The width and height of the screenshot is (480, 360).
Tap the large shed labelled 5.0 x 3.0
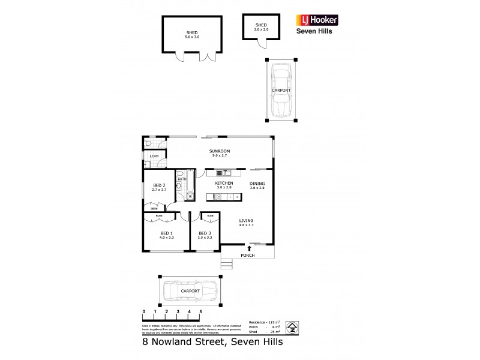(191, 35)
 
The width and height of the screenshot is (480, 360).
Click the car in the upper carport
(281, 91)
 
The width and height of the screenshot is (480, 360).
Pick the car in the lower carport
(190, 291)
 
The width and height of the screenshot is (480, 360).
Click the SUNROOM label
(219, 151)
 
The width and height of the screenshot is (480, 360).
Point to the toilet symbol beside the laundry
(148, 145)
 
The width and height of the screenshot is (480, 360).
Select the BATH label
(182, 178)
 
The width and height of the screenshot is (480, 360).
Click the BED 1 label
(166, 233)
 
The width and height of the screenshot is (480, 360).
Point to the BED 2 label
(158, 185)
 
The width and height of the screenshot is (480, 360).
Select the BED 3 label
(205, 233)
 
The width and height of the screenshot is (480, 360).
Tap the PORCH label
(247, 255)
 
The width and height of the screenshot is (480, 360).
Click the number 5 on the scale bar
(200, 312)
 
